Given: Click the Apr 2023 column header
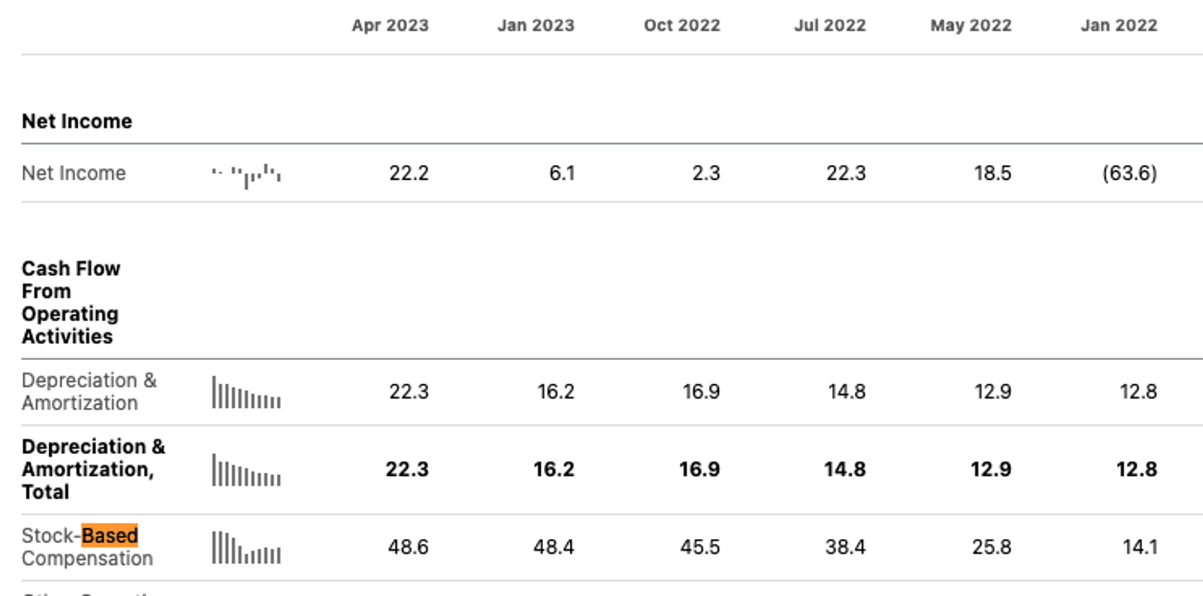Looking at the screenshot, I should [390, 25].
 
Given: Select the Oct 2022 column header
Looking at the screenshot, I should [681, 25].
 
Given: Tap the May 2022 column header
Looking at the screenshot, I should [971, 25].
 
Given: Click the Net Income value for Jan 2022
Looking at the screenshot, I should [1129, 173].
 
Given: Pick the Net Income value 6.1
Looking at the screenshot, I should [562, 173].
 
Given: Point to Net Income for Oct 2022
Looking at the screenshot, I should [706, 173].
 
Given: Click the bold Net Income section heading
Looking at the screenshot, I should [77, 121].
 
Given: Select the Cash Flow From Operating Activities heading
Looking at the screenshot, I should [70, 302].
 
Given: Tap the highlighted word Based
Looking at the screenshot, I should [109, 535].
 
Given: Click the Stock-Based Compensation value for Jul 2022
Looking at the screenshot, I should [845, 547].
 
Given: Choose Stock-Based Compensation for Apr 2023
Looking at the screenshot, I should [408, 547].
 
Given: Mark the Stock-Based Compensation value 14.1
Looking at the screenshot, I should [1140, 547].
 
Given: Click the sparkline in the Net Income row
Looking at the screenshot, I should [246, 175].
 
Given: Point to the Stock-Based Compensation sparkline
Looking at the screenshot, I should [246, 548].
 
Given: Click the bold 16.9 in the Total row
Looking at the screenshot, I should [699, 469].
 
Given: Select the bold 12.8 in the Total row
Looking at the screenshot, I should [1136, 469].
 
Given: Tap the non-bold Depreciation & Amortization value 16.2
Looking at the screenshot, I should [555, 392].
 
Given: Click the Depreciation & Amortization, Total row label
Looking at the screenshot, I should [93, 469].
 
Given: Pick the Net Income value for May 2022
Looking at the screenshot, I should [992, 173].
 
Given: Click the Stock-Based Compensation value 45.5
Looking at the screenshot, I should [700, 547].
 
